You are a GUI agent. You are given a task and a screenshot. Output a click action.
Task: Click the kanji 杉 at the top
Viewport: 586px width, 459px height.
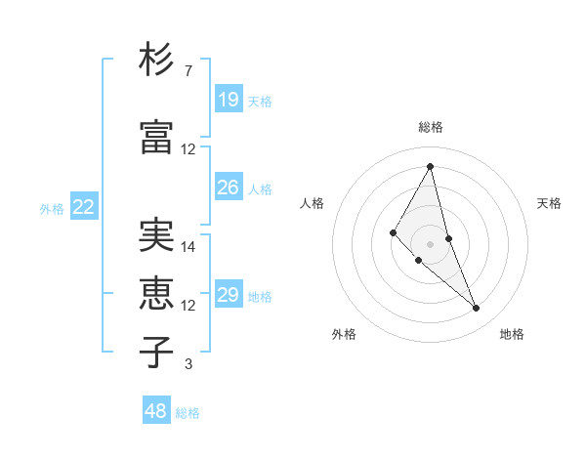pos(156,61)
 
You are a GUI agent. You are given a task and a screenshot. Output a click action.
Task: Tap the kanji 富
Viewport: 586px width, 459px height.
pos(156,138)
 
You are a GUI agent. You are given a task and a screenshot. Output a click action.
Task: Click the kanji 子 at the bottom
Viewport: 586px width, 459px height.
pos(156,353)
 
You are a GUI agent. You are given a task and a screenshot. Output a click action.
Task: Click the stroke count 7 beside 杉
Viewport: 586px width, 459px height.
pos(188,71)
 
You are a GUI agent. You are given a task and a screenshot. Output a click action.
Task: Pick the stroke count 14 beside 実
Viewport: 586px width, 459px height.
pos(188,247)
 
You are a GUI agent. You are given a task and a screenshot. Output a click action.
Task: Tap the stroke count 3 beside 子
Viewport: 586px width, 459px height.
pos(188,364)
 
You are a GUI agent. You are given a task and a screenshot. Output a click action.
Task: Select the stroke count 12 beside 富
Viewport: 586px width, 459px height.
pos(188,149)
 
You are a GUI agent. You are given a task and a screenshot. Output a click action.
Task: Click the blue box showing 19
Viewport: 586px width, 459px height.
pos(229,100)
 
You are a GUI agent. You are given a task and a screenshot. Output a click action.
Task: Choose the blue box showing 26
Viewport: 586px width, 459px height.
pos(229,188)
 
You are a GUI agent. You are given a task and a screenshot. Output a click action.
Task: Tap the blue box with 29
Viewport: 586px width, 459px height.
pos(229,295)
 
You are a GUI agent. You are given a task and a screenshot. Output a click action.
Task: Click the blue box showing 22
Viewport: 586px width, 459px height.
pos(84,207)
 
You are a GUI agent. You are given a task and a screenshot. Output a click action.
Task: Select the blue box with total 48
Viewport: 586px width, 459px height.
pos(156,411)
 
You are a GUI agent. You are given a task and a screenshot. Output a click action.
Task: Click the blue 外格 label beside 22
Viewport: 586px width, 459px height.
pos(52,208)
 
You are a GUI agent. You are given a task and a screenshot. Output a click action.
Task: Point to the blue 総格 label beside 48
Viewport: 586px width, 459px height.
pos(188,413)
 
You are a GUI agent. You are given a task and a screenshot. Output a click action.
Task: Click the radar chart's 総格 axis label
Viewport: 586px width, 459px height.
pos(431,127)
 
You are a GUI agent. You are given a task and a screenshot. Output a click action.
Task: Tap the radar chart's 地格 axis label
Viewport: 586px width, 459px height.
pos(512,334)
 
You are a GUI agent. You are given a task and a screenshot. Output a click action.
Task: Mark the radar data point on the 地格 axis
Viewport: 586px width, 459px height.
pos(477,309)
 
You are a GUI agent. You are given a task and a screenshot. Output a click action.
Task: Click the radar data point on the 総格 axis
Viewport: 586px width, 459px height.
pos(430,166)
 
